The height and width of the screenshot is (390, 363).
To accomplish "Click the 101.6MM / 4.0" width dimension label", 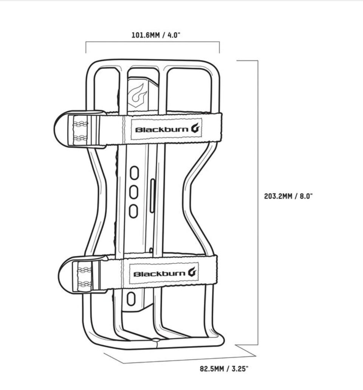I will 156,36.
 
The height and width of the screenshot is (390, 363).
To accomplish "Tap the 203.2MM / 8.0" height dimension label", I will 288,196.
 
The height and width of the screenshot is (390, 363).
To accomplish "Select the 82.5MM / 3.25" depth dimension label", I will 224,369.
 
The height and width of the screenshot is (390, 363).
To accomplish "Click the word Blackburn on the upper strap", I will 162,130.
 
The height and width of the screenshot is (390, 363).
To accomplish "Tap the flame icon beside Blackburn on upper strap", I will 196,128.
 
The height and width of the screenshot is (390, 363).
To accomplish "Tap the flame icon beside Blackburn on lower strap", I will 192,272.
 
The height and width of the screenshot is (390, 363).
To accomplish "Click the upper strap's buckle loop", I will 62,128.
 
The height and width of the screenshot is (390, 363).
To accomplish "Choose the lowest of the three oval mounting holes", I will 133,211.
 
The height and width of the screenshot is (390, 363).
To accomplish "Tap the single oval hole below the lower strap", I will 131,299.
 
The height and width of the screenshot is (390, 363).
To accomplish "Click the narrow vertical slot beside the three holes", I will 152,196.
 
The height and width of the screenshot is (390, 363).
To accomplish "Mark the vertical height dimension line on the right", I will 258,202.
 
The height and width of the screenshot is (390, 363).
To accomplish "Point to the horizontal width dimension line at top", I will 152,43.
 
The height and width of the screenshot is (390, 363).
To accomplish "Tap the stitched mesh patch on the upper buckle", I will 80,131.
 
